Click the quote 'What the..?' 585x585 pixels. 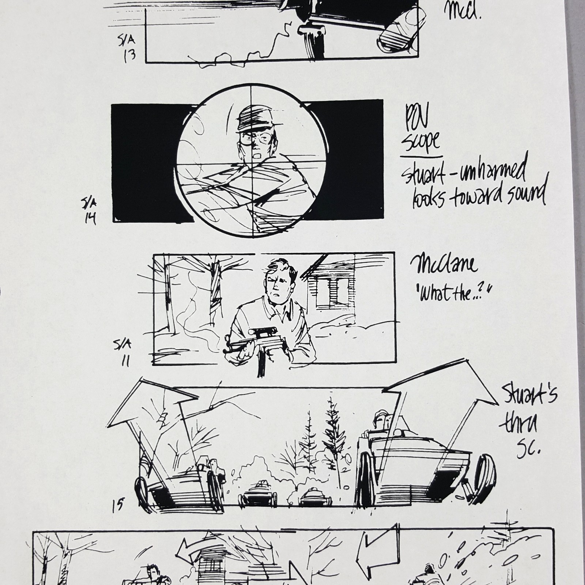click(x=453, y=291)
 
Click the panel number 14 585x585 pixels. click(x=90, y=218)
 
